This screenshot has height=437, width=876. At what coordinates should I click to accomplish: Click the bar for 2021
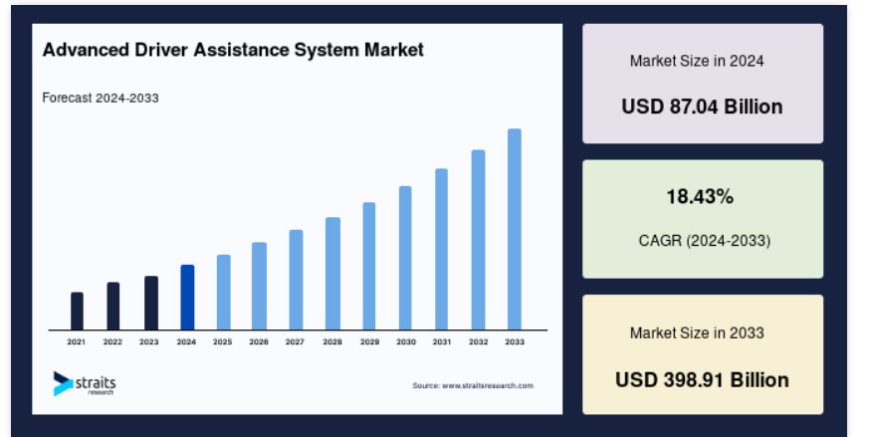click(77, 311)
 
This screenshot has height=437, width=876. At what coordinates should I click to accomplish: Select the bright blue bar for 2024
click(188, 298)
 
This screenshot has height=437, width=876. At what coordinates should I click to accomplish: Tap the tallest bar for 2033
click(515, 229)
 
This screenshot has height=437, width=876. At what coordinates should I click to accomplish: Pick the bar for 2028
click(332, 274)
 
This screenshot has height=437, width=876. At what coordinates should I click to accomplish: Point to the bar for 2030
click(405, 258)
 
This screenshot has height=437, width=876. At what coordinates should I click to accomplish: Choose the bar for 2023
click(151, 303)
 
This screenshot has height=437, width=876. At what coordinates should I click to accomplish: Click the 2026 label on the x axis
click(259, 342)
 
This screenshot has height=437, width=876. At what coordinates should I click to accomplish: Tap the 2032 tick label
click(478, 342)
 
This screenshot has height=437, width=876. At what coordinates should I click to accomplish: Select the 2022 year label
click(112, 342)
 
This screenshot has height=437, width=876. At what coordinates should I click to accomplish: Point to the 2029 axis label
click(369, 342)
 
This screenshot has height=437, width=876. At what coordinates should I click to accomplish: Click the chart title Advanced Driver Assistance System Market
click(233, 50)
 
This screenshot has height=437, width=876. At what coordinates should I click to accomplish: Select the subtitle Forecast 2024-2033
click(101, 98)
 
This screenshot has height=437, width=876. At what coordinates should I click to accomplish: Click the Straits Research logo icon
click(63, 383)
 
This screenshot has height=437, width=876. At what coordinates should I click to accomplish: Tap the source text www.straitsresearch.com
click(473, 385)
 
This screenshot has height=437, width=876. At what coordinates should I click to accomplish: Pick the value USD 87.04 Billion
click(702, 107)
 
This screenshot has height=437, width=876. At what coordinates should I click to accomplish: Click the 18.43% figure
click(700, 197)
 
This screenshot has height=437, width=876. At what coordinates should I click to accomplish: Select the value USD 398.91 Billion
click(702, 380)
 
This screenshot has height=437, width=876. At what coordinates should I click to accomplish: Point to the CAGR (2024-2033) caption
click(705, 241)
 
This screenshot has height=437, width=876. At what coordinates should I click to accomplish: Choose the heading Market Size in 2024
click(697, 61)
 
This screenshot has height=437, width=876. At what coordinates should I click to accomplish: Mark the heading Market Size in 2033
click(697, 333)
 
